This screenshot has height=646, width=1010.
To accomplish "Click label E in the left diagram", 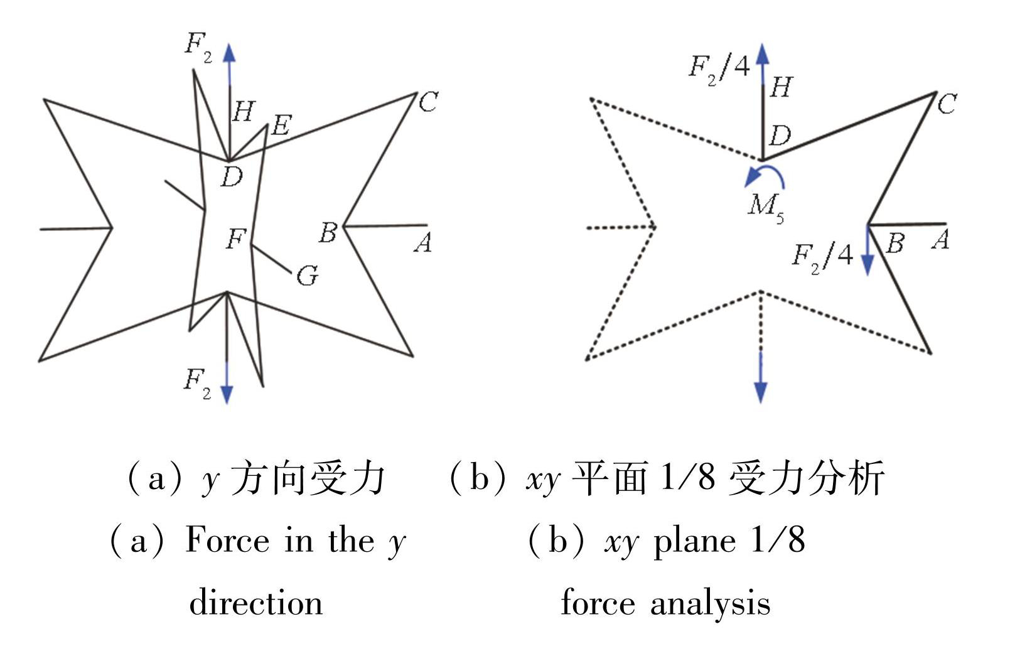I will point(281,125).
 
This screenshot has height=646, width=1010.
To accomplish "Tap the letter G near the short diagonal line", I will point(307,275).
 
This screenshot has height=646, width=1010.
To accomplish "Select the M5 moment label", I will point(766,206).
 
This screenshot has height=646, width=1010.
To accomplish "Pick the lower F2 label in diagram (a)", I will point(197,382).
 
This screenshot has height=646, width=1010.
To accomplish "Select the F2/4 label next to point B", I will point(822,256).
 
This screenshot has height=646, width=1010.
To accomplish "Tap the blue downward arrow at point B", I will point(868,251).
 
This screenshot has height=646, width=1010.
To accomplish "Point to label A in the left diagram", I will point(424,242).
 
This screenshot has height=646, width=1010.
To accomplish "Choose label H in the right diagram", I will point(781,87).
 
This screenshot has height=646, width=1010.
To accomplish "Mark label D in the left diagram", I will point(232,177).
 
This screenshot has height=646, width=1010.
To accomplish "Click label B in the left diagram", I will point(328,232).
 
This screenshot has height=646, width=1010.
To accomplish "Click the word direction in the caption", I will point(256,603).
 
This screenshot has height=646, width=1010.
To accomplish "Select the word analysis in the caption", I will point(710,603).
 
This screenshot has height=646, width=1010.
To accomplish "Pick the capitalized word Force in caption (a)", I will point(227,540).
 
